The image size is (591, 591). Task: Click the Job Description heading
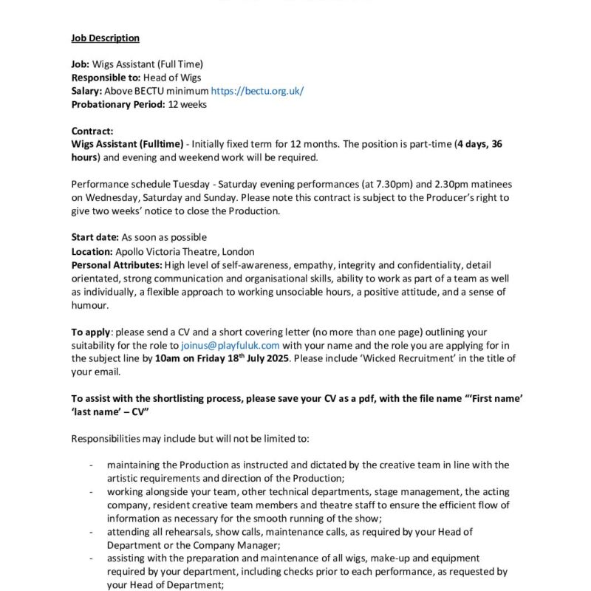[105, 38]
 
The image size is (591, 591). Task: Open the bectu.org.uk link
[257, 91]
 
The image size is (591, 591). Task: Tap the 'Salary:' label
[86, 91]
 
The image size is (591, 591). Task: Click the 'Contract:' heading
[92, 131]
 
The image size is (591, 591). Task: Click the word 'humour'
[89, 304]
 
